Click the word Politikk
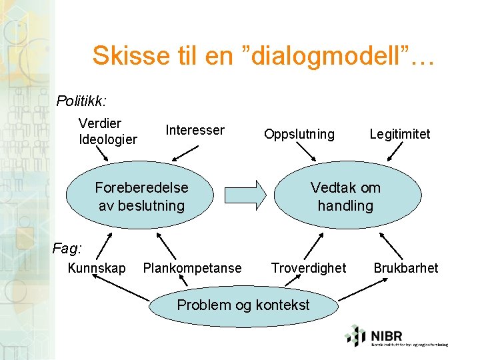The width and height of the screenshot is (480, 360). pyautogui.click(x=81, y=101)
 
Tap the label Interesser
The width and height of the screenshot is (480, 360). pyautogui.click(x=195, y=130)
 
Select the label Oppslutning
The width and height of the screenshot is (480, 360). pyautogui.click(x=299, y=134)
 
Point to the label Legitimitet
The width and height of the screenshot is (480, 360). pyautogui.click(x=400, y=134)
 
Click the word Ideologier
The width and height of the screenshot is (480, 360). pyautogui.click(x=108, y=139)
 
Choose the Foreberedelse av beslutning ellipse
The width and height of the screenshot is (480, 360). pyautogui.click(x=141, y=196)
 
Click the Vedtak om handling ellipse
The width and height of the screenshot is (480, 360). pyautogui.click(x=345, y=196)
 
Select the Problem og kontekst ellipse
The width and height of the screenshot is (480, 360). pyautogui.click(x=243, y=305)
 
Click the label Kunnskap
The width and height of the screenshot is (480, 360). pyautogui.click(x=97, y=268)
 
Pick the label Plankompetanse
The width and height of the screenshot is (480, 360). pyautogui.click(x=193, y=268)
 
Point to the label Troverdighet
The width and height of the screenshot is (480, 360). pyautogui.click(x=309, y=268)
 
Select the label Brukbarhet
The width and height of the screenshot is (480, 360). pyautogui.click(x=405, y=268)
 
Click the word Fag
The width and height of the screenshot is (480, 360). pyautogui.click(x=67, y=249)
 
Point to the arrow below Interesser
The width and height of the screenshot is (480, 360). pyautogui.click(x=181, y=153)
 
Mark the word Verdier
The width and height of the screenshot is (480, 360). pyautogui.click(x=100, y=123)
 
